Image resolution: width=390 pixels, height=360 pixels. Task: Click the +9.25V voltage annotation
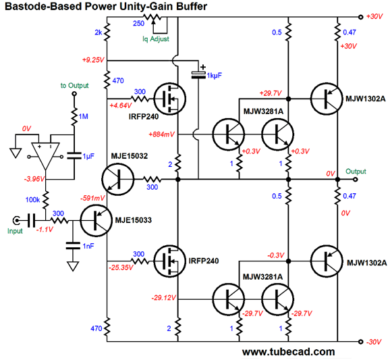(x=92, y=60)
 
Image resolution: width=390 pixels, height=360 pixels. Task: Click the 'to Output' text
(x=74, y=86)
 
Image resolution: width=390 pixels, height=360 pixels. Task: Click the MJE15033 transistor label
(x=138, y=220)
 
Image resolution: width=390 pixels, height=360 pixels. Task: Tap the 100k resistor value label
(x=32, y=201)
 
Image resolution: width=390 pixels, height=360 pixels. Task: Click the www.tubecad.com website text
(x=288, y=352)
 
